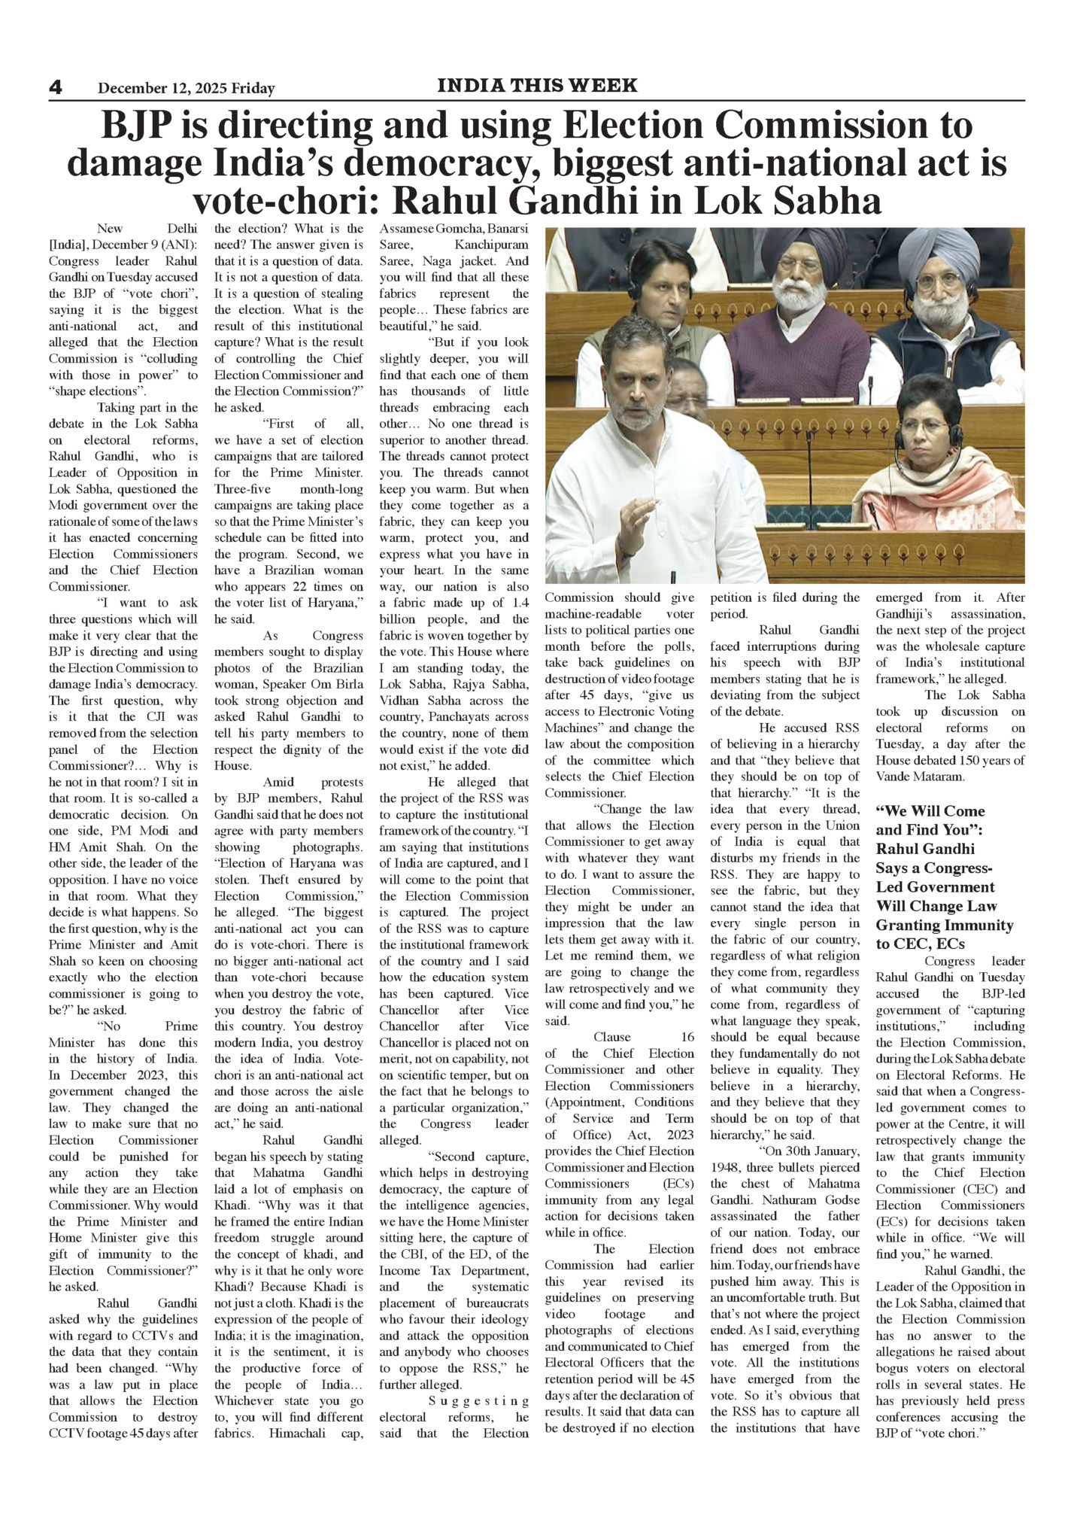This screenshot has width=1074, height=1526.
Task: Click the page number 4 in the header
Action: coord(56,88)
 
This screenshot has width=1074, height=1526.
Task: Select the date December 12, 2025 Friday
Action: coord(186,89)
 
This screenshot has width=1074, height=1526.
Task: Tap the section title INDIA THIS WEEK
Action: coord(537,86)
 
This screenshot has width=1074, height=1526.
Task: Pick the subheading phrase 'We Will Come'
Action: coord(930,810)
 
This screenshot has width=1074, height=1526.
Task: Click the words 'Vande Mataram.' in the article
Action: coord(919,776)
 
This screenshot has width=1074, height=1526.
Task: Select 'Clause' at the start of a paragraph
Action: coord(612,1036)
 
